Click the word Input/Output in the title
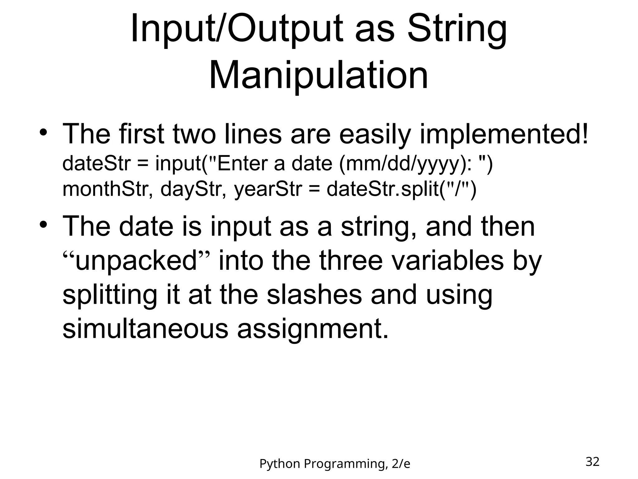coord(237,29)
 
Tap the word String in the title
coord(457,29)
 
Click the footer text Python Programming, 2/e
coord(335,464)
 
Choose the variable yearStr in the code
coord(268,189)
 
